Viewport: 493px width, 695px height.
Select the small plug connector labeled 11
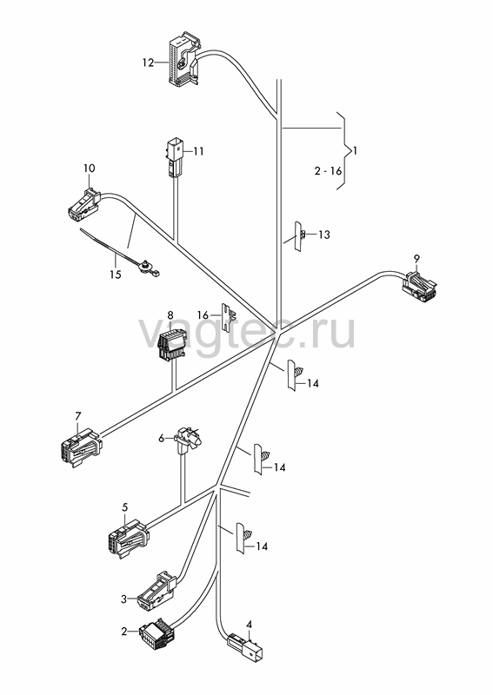tap(173, 158)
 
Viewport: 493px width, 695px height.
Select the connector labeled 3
tap(157, 590)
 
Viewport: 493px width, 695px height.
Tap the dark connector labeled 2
tap(157, 634)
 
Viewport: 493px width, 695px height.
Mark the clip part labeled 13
tap(299, 236)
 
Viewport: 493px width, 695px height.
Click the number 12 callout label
tap(148, 63)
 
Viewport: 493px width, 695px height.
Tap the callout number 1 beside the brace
tap(355, 151)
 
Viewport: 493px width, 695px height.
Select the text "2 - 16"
tap(329, 170)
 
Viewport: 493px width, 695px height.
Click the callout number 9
tap(416, 258)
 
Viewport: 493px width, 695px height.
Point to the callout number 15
tap(115, 275)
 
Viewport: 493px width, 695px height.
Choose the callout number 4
tap(249, 625)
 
